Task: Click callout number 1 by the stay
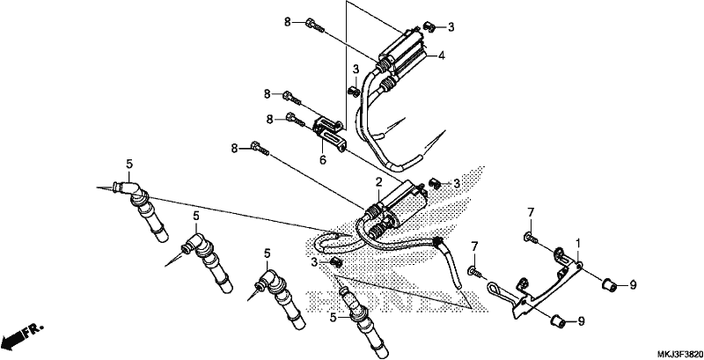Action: pos(578,243)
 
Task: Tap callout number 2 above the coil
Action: pos(378,182)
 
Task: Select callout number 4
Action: pos(442,55)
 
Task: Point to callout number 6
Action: pos(323,159)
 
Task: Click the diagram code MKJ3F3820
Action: pos(679,353)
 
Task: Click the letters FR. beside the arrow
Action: pos(34,330)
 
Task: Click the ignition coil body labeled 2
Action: pos(395,204)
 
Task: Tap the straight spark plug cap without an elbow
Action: pos(364,322)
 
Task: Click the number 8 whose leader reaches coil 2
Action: pos(234,148)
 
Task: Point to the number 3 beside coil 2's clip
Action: pos(457,183)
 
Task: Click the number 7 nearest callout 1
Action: pos(531,212)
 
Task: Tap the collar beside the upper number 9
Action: pos(609,284)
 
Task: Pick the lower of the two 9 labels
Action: pos(581,321)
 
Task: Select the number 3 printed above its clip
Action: pos(356,70)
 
